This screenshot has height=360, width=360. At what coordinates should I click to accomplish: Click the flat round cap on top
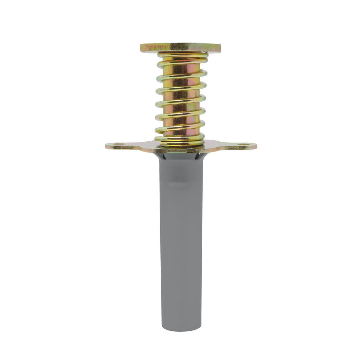(x=180, y=47)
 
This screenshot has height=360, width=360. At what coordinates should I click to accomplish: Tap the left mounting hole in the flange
(x=119, y=144)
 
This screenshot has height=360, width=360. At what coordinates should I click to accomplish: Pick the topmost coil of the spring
(x=182, y=55)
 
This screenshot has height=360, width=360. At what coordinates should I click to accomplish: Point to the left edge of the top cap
(x=142, y=48)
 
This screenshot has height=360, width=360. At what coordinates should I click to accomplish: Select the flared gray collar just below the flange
(x=181, y=157)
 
